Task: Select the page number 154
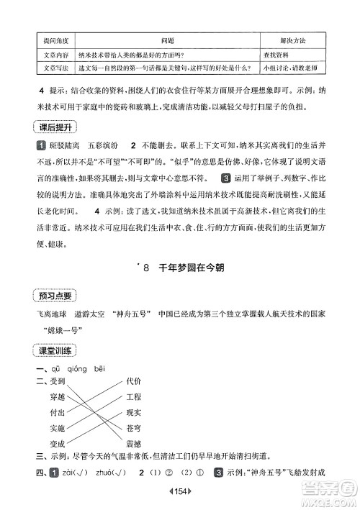pyautogui.click(x=180, y=498)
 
